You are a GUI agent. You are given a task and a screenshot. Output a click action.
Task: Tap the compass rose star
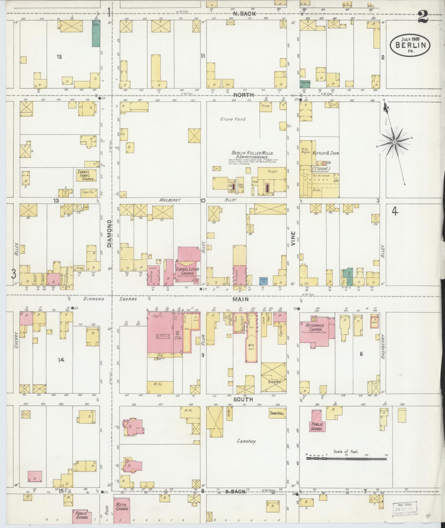395,142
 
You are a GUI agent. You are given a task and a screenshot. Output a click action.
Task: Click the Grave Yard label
233,120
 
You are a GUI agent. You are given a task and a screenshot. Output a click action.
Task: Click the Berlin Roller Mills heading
252,153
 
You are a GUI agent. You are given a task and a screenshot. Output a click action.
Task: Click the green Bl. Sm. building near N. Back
96,33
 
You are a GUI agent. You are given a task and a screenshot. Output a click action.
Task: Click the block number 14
61,360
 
